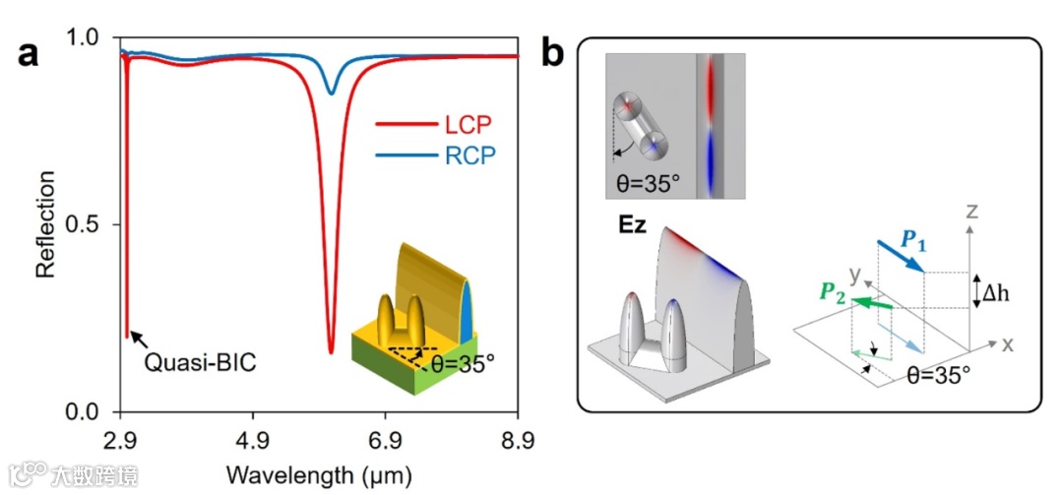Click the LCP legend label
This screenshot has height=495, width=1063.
click(x=467, y=125)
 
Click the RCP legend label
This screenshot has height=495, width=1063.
click(x=467, y=155)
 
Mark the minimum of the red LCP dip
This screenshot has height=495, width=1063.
click(x=331, y=351)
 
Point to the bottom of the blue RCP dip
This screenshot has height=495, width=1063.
click(x=332, y=94)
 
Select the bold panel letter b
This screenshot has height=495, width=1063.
click(x=553, y=52)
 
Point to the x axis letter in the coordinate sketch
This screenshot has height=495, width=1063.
click(x=1007, y=344)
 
